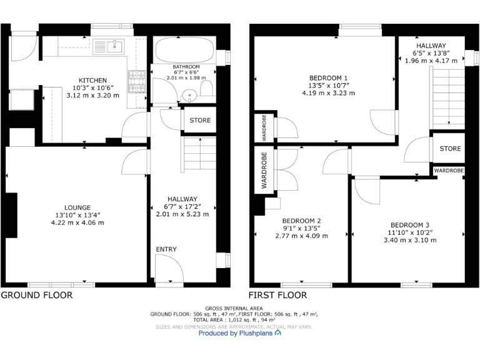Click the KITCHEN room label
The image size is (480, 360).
(x=92, y=80)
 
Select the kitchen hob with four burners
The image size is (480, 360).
(x=136, y=81)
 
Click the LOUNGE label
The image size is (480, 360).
(x=77, y=207)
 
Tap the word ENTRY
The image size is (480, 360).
(x=166, y=249)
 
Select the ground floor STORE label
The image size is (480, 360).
(x=200, y=120)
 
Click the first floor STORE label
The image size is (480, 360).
(x=450, y=149)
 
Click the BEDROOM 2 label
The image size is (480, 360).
(x=301, y=221)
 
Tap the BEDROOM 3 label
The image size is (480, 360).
(x=410, y=225)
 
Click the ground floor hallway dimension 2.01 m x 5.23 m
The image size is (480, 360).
(x=182, y=214)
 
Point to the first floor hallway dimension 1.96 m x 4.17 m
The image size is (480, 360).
(x=431, y=61)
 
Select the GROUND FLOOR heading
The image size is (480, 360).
(x=37, y=295)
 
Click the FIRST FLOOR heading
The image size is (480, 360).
(x=277, y=295)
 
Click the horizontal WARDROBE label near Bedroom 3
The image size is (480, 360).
(x=449, y=170)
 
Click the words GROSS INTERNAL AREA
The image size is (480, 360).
(x=234, y=308)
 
